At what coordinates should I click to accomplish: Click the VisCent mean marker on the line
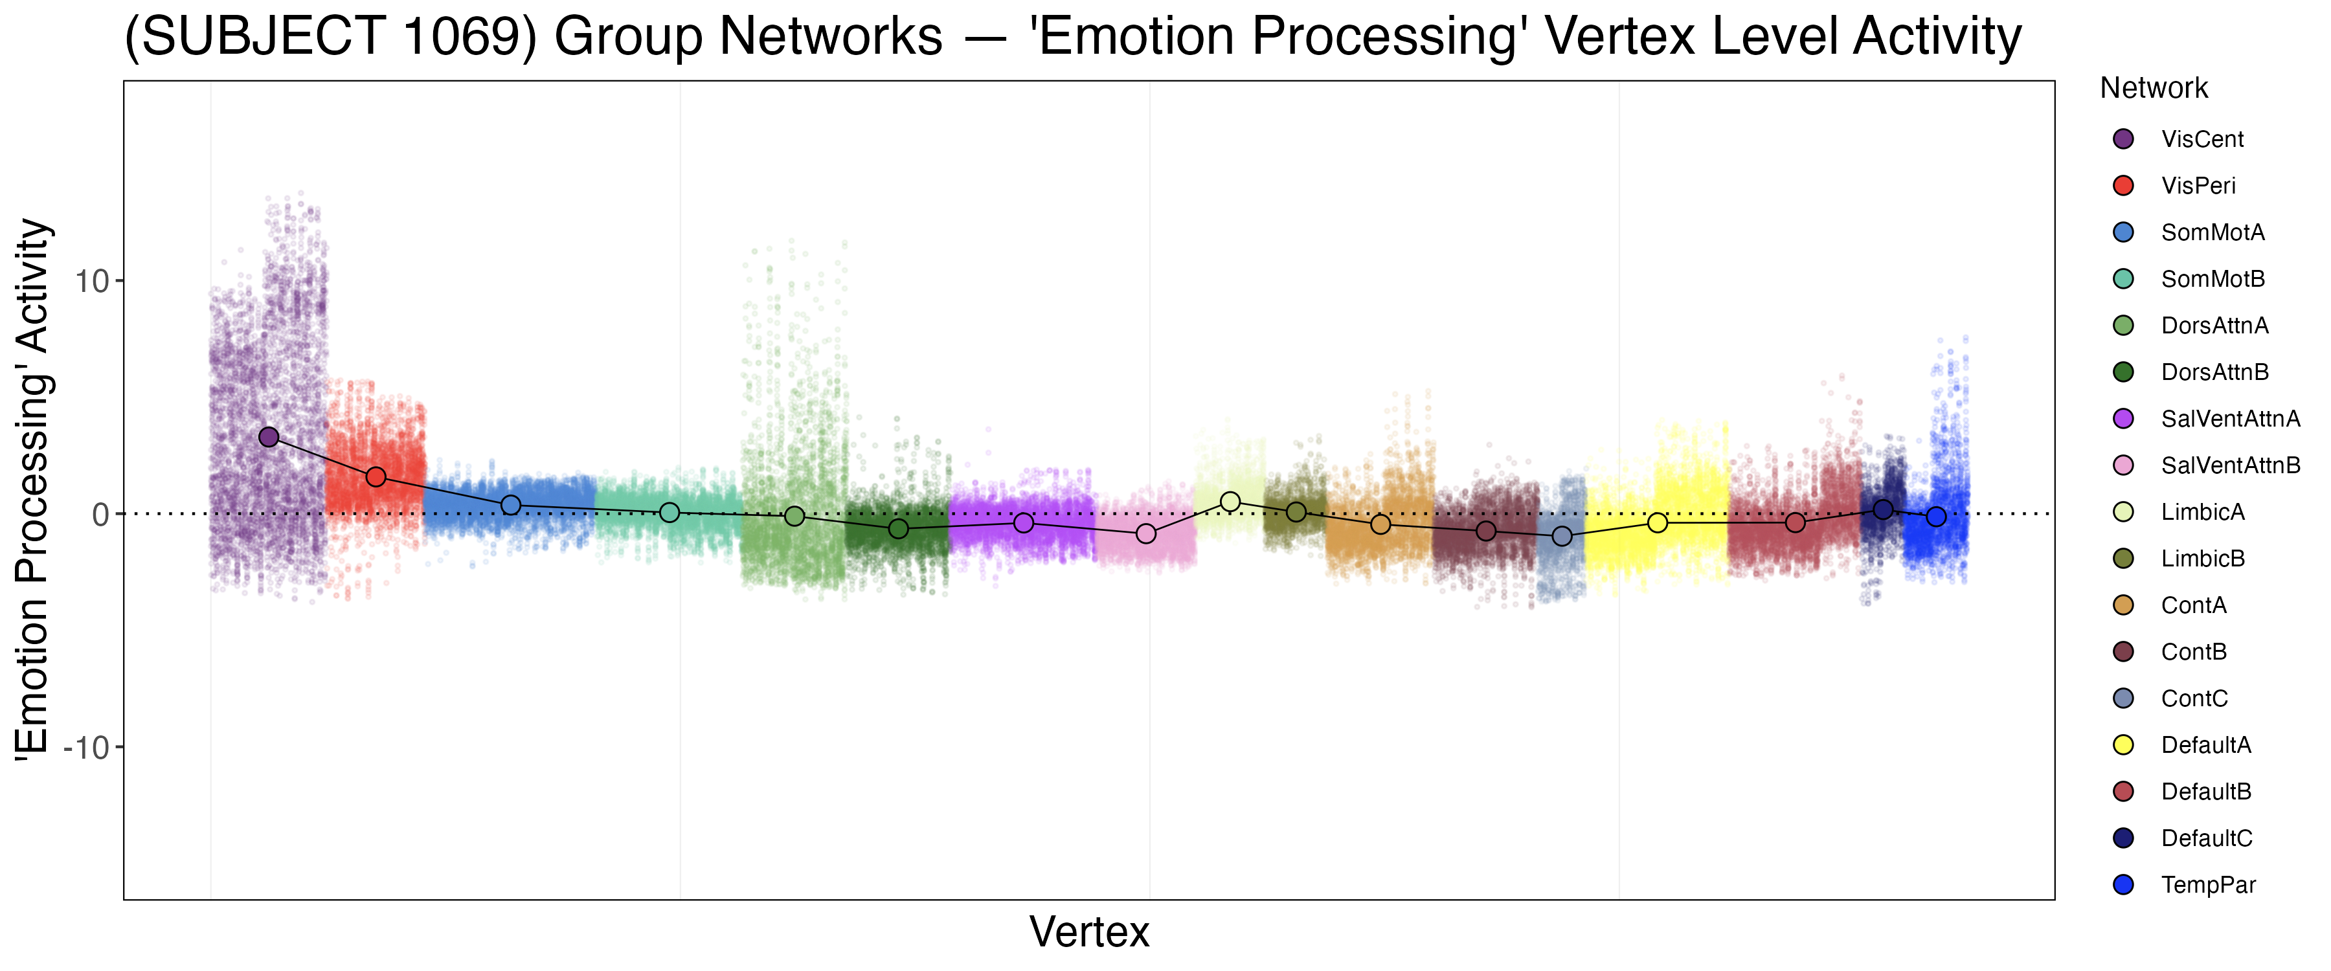(269, 437)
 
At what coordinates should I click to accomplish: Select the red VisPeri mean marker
(376, 477)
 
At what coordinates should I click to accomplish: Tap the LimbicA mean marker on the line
(1230, 501)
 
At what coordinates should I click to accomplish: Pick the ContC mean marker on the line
(1562, 537)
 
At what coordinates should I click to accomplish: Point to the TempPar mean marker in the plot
(1935, 517)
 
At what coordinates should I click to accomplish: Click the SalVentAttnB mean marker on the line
(1145, 534)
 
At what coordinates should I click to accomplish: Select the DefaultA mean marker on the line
(1657, 523)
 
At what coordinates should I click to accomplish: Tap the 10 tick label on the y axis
(91, 282)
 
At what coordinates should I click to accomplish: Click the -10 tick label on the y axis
(86, 748)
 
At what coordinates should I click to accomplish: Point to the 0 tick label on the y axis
(100, 515)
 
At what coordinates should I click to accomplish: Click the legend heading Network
(2154, 89)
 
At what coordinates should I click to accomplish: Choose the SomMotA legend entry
(2213, 232)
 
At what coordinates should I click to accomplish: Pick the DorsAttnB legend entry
(2214, 372)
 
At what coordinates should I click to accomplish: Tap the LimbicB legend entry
(2203, 559)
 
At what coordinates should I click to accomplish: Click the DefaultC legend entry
(2206, 838)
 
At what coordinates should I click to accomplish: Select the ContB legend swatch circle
(2123, 652)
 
